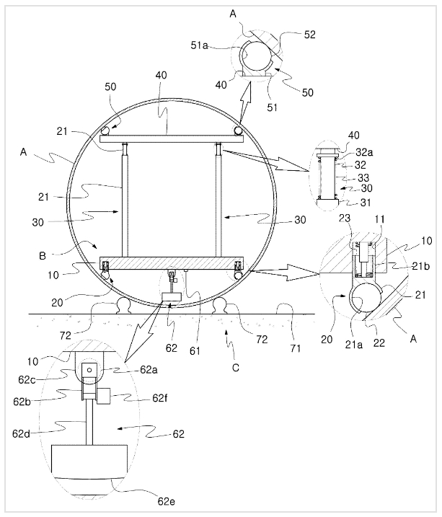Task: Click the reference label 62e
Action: click(x=166, y=502)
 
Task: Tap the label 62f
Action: click(x=160, y=398)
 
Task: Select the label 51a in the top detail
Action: click(x=200, y=45)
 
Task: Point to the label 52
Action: click(x=309, y=35)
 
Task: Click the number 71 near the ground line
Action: click(x=296, y=348)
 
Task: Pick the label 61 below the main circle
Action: click(x=195, y=351)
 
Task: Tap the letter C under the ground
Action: click(x=235, y=368)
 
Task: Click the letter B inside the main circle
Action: click(x=43, y=256)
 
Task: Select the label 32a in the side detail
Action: click(x=364, y=152)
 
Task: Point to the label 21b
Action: click(x=421, y=266)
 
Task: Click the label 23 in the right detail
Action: click(x=345, y=218)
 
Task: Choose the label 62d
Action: click(x=21, y=433)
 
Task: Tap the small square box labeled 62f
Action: click(x=104, y=396)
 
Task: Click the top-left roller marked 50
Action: click(x=105, y=131)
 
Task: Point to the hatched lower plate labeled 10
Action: click(x=172, y=263)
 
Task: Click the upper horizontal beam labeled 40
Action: click(x=172, y=138)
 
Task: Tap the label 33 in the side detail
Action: click(x=363, y=178)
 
